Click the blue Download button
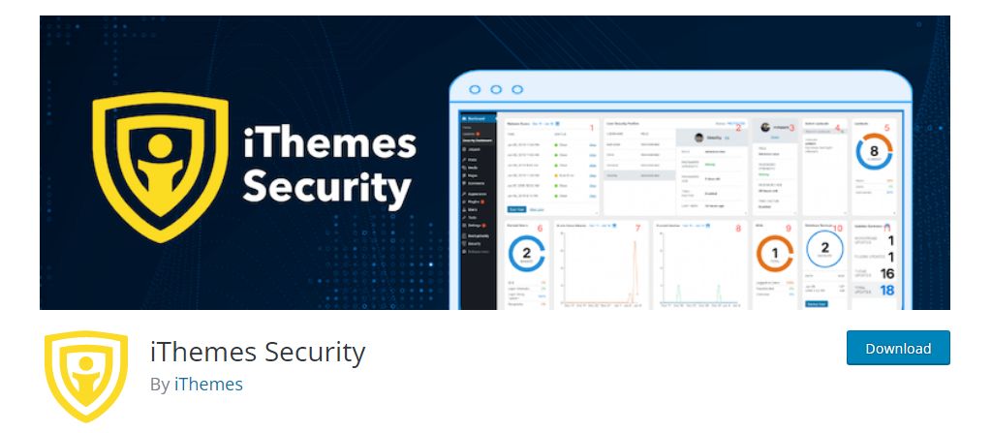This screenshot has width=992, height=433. coord(897,349)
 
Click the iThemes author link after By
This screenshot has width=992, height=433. coord(208,384)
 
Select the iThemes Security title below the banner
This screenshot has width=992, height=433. coord(258,351)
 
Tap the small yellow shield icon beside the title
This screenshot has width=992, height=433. coord(86,376)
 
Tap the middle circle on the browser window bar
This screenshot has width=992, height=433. coord(496,90)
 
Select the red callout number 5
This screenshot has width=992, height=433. coord(886,127)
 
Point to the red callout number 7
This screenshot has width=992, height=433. coord(636,229)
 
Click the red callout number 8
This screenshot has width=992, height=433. coord(738,229)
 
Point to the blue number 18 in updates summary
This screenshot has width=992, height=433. coord(886,291)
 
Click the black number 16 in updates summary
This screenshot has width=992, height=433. coord(886,274)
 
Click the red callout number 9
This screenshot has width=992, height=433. coord(788,229)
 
